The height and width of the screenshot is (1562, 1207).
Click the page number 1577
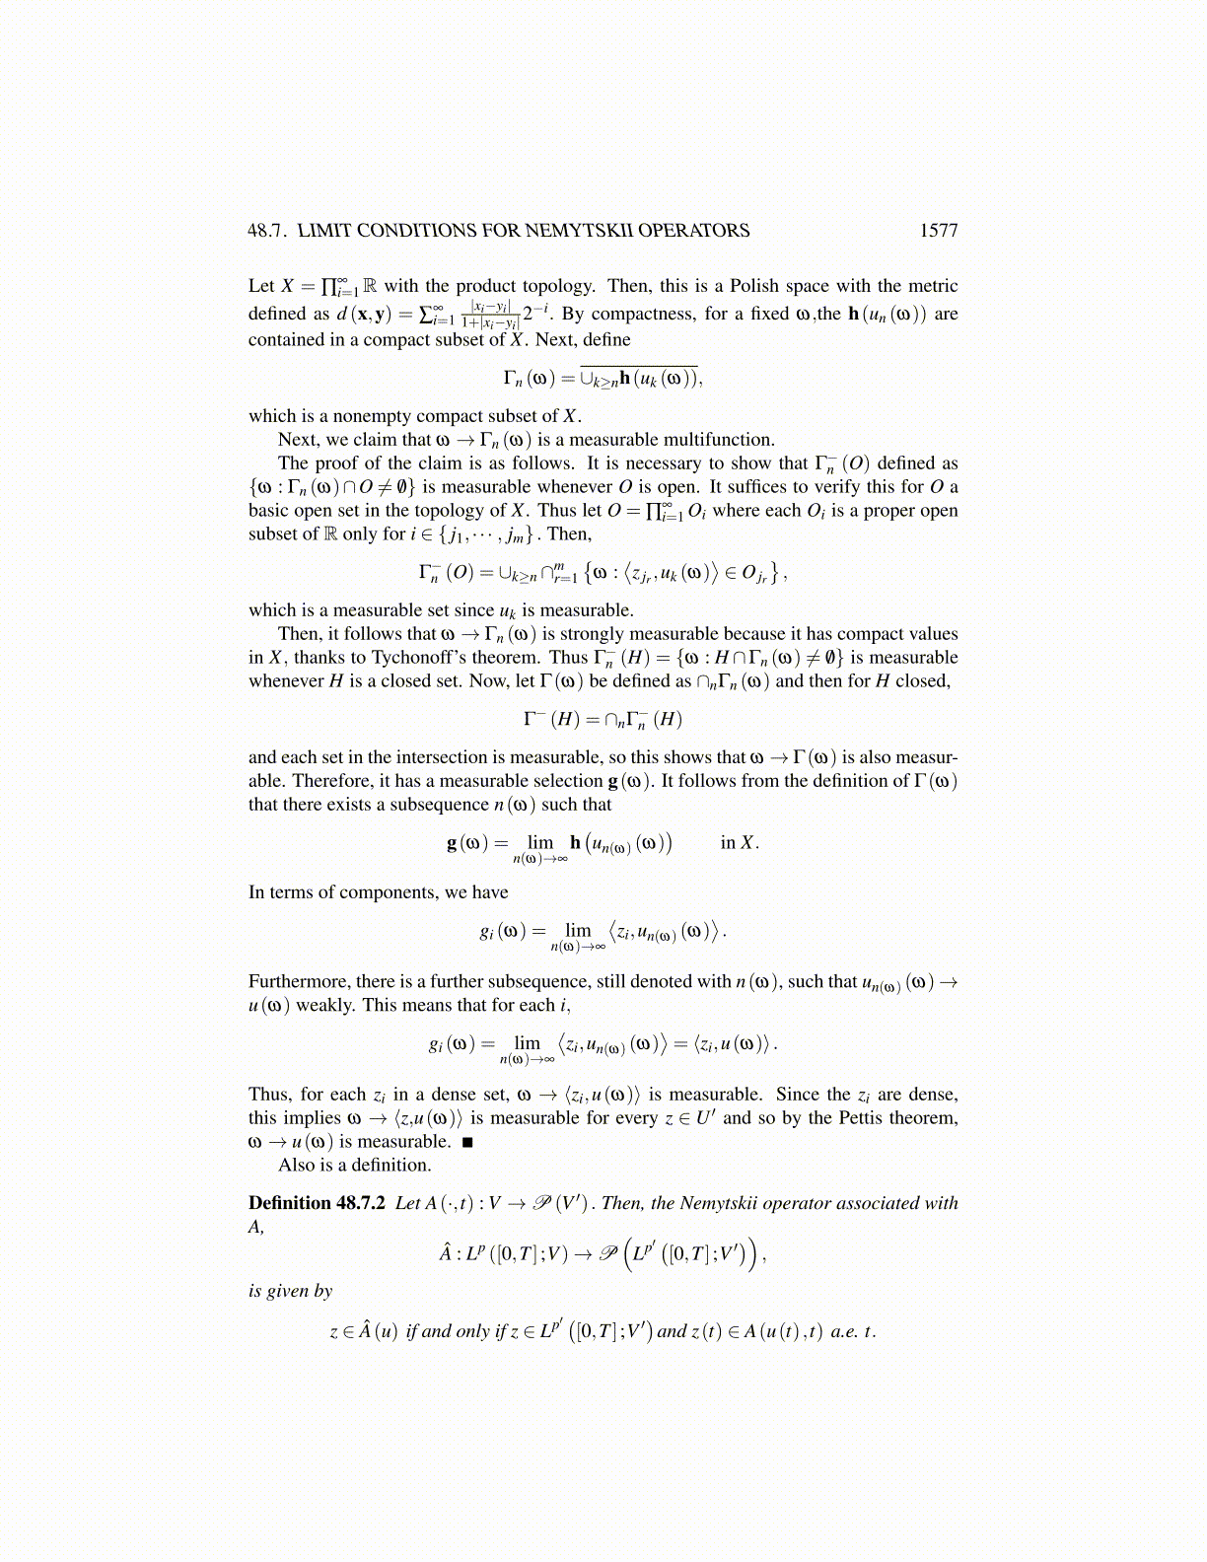(938, 231)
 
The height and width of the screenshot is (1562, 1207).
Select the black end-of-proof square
(467, 1143)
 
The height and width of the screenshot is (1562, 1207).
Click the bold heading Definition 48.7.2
(317, 1203)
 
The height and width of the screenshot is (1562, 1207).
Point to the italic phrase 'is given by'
(290, 1291)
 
